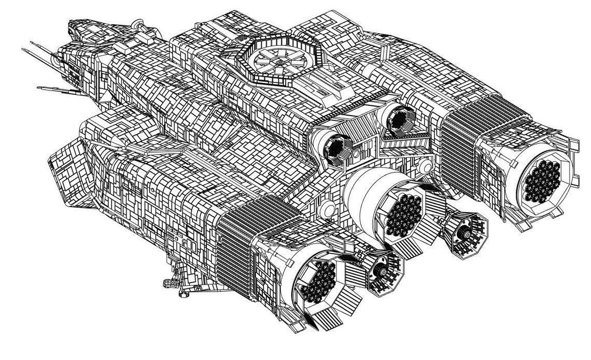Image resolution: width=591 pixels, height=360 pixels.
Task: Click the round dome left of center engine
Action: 328,209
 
